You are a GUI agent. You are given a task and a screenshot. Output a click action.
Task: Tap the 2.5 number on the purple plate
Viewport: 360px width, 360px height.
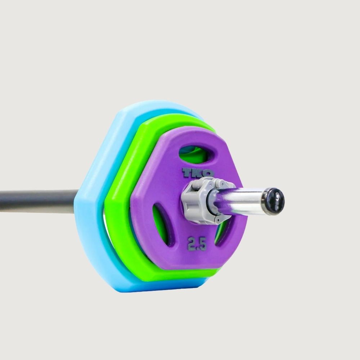tap(197, 244)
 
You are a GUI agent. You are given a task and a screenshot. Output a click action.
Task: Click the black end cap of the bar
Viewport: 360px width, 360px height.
tap(274, 201)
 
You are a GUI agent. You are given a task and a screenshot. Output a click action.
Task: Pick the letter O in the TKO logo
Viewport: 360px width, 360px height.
tap(208, 173)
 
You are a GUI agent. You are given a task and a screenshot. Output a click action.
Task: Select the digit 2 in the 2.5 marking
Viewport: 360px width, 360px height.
tap(191, 244)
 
